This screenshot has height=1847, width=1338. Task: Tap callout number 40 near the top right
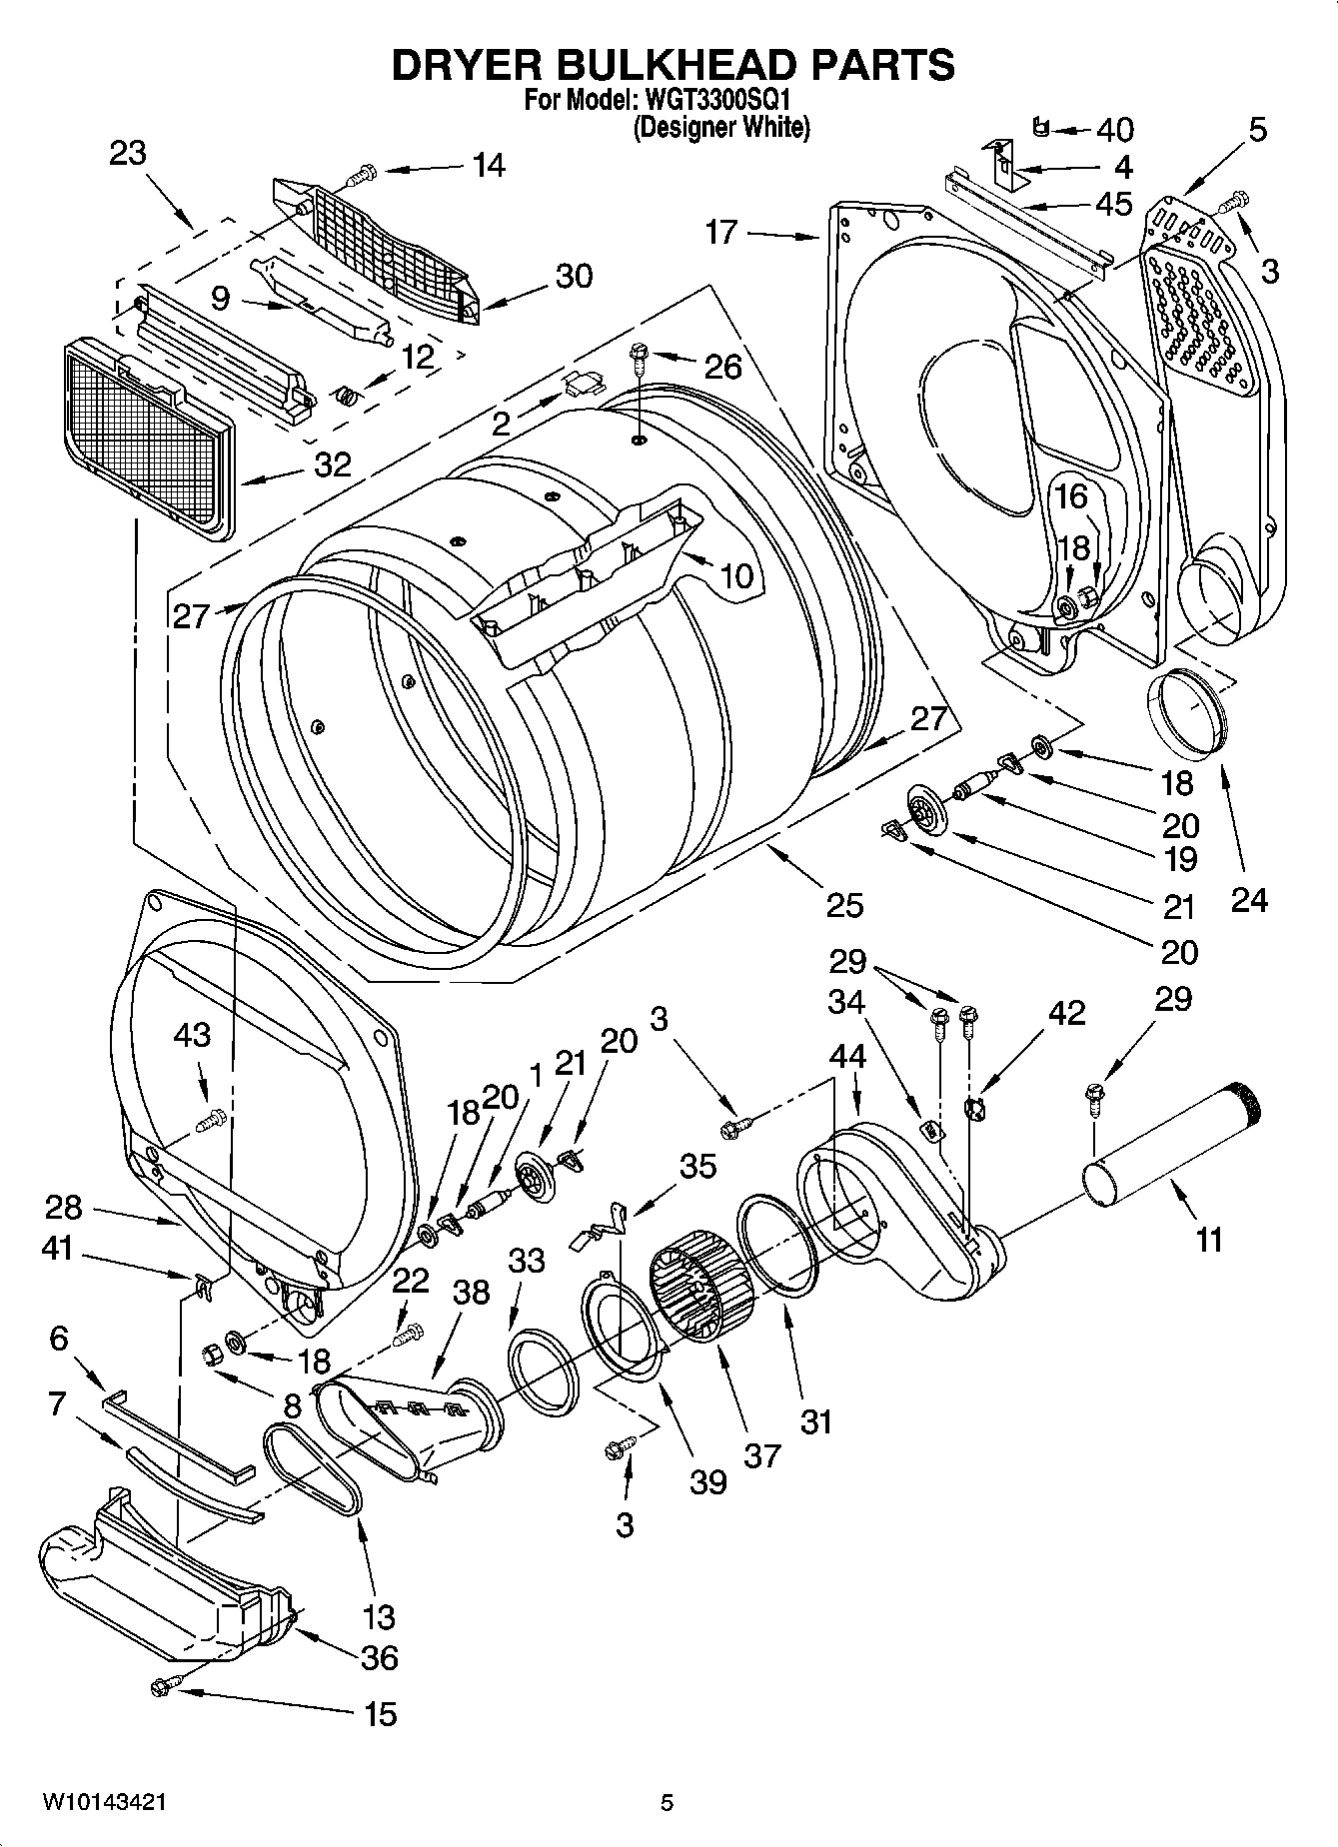(1115, 130)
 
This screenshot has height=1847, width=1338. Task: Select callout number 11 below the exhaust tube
(1209, 1240)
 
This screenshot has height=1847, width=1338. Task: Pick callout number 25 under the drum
(845, 905)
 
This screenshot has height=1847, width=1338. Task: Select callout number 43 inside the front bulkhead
(192, 1034)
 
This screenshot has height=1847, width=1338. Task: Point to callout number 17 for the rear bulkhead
(720, 232)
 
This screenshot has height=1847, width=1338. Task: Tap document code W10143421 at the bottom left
(104, 1803)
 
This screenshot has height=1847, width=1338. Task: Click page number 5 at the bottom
(667, 1803)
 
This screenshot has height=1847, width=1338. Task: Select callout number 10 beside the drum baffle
(735, 576)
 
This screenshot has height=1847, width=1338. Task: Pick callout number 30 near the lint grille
(574, 276)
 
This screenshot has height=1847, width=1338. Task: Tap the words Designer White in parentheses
(720, 128)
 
